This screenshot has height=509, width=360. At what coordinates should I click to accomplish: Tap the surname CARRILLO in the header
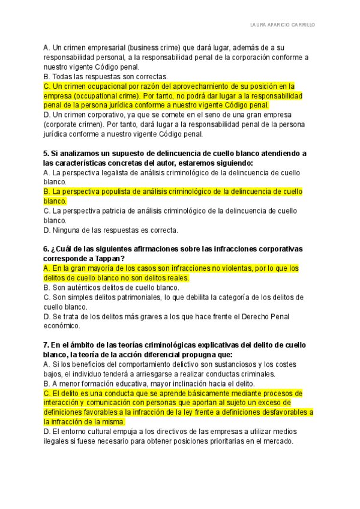[x=301, y=26]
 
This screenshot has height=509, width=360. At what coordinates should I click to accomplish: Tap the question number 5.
[x=46, y=153]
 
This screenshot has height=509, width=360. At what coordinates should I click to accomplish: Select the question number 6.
[x=46, y=249]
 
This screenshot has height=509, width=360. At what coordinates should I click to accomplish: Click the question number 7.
[x=46, y=345]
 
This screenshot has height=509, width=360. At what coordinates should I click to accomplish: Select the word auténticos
[x=83, y=288]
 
